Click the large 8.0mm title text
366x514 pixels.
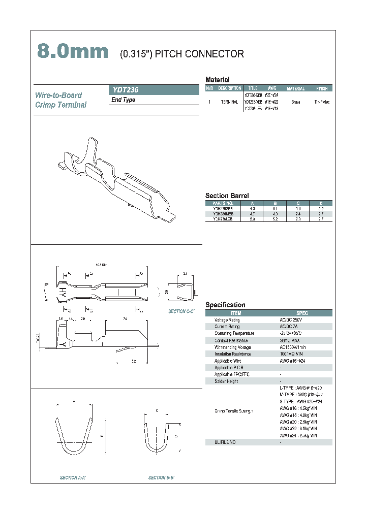point(73,52)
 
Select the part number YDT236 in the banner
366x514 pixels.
point(125,89)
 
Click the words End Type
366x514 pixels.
point(123,100)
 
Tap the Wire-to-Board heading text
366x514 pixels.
point(58,95)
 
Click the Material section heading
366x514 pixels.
point(217,80)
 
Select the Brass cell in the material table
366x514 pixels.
point(295,102)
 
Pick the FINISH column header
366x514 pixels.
point(322,88)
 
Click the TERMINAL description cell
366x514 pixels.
point(230,102)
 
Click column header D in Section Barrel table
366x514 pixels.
point(320,203)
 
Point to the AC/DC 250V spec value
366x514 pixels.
point(290,320)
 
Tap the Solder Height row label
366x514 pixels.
point(226,381)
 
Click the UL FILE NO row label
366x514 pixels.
point(225,442)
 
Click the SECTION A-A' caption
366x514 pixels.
point(73,478)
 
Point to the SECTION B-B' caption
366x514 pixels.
point(162,478)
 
